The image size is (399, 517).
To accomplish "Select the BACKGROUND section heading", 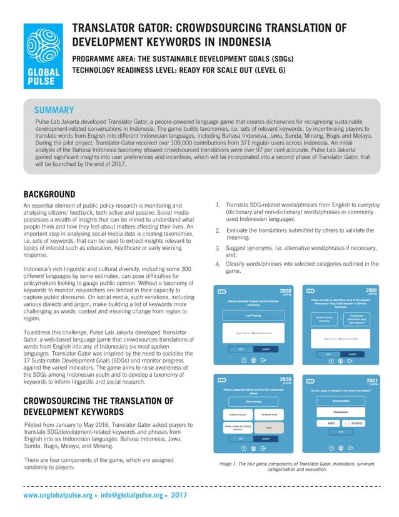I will (49, 193).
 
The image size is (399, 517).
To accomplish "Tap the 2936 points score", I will (285, 292).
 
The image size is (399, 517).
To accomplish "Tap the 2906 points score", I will (371, 292).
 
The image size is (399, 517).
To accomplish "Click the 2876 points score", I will (285, 381).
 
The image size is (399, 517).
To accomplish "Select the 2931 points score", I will (371, 381).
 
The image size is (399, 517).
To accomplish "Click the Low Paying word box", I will (253, 315).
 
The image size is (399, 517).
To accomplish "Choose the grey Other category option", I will (269, 428).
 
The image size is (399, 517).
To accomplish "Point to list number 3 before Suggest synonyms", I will (216, 248).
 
